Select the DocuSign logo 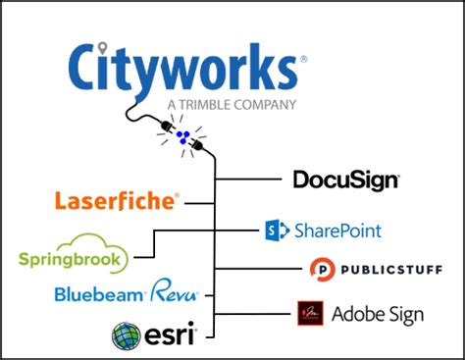(345, 180)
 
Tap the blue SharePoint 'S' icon (275, 231)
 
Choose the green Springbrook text (73, 260)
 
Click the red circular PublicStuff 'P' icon (321, 268)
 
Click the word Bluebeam (100, 292)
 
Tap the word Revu (177, 291)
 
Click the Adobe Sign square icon (310, 314)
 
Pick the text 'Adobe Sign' (378, 315)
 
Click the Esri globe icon (128, 334)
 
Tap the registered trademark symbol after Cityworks (303, 59)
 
